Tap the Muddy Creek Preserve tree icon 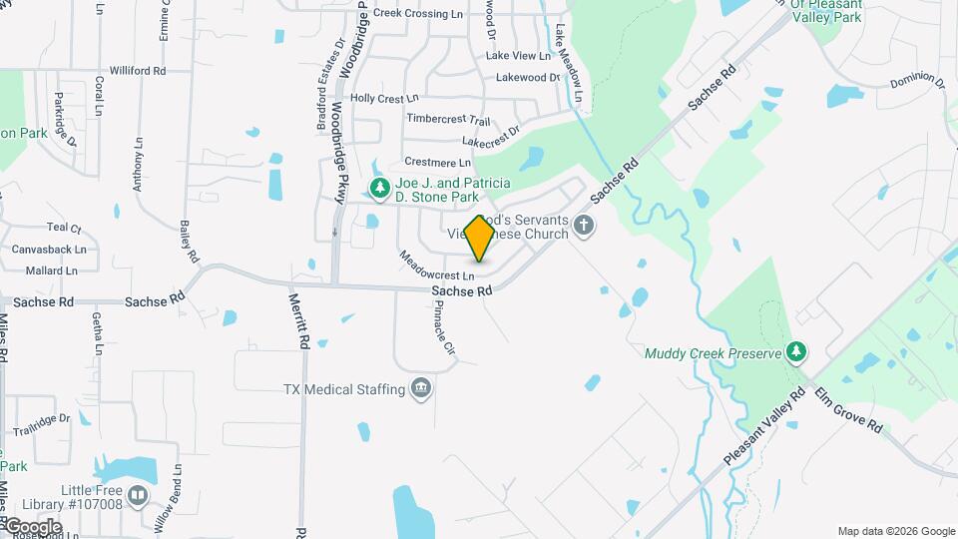796,351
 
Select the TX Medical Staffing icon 421,388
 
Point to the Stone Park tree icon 379,188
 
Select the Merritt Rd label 298,319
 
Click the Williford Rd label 138,71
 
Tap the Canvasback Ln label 49,250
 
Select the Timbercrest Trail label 448,119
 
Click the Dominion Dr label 918,80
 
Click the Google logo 32,526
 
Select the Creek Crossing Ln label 419,14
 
